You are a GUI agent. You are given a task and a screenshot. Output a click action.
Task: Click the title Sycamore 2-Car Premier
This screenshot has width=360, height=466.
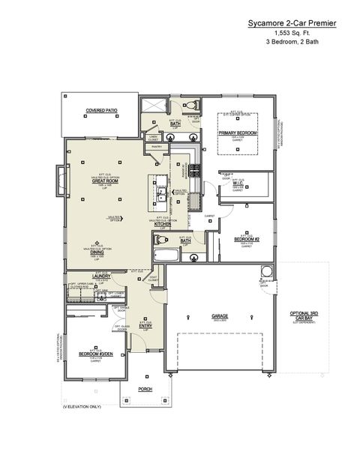[292, 24]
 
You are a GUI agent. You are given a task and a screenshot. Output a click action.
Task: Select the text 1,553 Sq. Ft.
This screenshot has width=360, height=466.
[292, 34]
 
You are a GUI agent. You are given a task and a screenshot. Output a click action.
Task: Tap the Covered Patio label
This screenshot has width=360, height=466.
[101, 110]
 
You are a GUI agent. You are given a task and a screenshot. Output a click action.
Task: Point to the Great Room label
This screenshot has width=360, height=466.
[103, 181]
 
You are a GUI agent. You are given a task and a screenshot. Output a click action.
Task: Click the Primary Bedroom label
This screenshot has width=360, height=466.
[238, 133]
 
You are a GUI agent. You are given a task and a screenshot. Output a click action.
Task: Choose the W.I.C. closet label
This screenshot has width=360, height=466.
[238, 184]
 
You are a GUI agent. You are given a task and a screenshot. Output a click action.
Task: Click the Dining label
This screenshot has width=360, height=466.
[97, 252]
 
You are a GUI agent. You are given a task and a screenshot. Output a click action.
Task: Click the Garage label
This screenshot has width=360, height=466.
[220, 315]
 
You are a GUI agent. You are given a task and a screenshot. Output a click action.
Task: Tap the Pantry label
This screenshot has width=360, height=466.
[157, 147]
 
